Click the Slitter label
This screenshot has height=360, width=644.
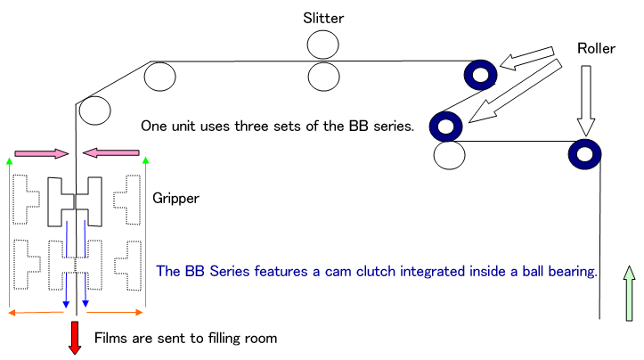tap(323, 17)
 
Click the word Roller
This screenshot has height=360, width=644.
tap(596, 47)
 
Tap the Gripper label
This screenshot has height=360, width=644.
tap(175, 197)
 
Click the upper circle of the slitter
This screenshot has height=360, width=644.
tap(324, 45)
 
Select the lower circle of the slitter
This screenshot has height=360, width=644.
tap(324, 74)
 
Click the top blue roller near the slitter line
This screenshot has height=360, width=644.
tap(480, 75)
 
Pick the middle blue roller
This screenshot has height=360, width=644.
tap(444, 125)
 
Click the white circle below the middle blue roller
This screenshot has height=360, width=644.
tap(449, 155)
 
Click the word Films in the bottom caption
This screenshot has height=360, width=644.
tap(111, 338)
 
